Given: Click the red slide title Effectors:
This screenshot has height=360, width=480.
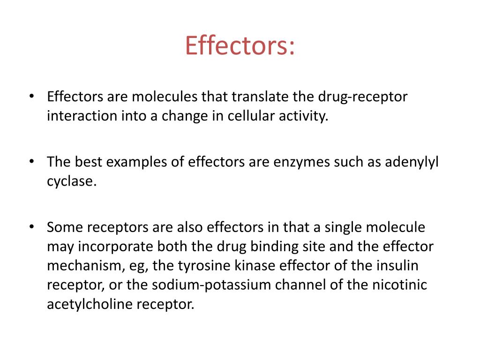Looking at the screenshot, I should coord(240,45).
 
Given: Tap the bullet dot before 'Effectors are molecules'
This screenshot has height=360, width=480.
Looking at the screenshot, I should coord(31,97).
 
